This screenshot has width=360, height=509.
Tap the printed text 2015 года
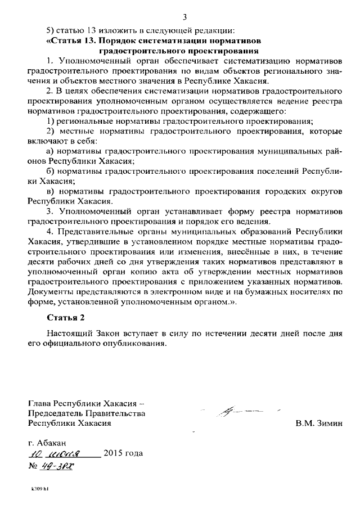point(123,453)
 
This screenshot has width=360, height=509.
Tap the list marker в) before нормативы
point(49,191)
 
